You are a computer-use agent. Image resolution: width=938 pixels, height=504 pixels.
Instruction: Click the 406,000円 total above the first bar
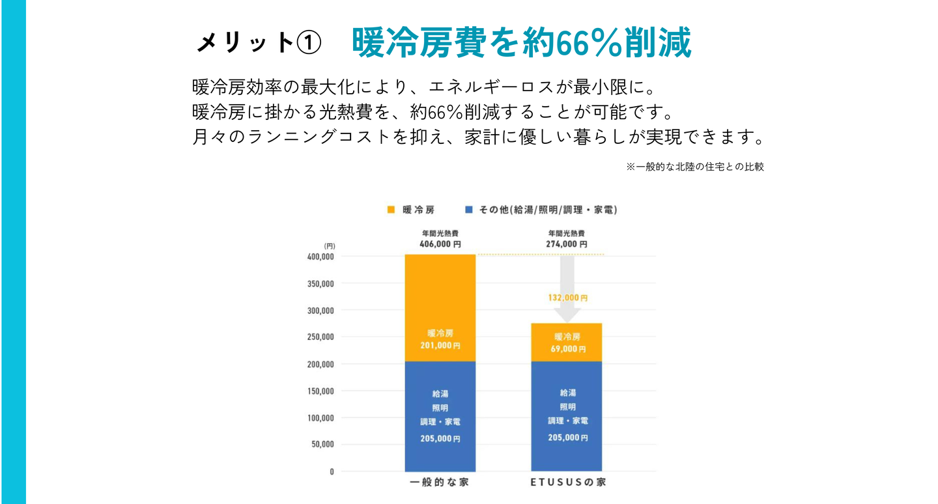(440, 244)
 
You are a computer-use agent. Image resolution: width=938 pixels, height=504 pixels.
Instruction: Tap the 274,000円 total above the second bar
(566, 244)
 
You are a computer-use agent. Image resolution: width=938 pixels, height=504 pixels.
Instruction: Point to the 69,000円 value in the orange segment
(567, 349)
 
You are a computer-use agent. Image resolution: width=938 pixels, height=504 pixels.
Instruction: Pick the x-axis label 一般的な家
(440, 483)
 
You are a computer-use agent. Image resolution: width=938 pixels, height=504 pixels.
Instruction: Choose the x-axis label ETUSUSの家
(566, 483)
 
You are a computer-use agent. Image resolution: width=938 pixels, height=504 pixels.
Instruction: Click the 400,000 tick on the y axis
(320, 257)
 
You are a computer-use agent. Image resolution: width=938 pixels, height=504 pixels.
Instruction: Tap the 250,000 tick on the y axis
(320, 337)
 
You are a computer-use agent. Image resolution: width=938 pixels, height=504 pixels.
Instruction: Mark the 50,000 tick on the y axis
(322, 444)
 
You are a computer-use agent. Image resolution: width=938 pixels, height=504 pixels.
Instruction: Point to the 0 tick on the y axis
(332, 471)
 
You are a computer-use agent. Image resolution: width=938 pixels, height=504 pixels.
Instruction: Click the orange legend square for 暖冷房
(391, 210)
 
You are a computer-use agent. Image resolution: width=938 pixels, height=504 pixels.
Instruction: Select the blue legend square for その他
(468, 210)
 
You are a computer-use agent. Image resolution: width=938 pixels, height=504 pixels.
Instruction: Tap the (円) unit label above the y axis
(329, 245)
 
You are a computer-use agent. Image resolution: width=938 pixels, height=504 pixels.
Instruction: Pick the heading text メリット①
(259, 43)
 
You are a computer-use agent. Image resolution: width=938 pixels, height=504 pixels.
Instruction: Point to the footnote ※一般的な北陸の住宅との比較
(695, 167)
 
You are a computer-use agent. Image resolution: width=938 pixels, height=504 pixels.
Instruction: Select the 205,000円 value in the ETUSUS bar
(567, 438)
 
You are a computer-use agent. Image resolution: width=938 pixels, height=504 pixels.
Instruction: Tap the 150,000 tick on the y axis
(320, 391)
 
